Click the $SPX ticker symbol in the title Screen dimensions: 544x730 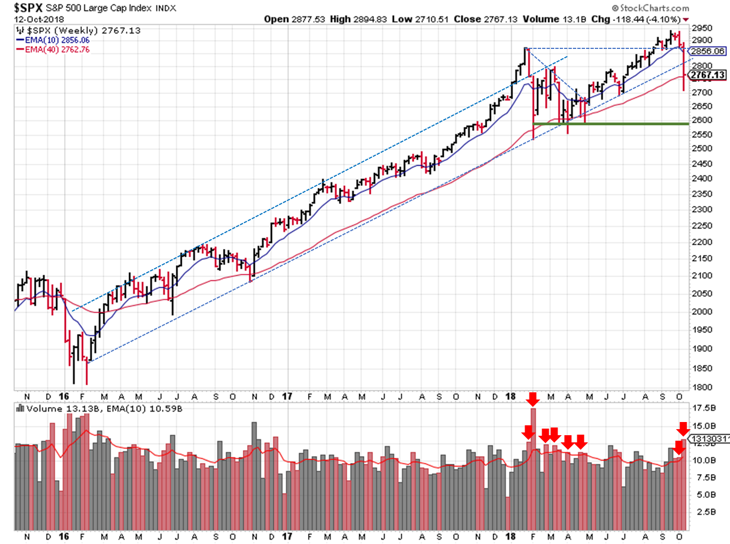coord(28,8)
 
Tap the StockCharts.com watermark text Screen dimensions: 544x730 coord(654,8)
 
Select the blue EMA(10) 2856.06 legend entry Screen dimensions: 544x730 coord(57,40)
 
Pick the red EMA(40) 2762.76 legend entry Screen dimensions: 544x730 coord(57,49)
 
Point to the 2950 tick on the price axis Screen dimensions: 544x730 coord(702,28)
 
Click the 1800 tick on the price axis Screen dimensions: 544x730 coord(702,387)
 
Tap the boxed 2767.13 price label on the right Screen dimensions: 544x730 coord(707,75)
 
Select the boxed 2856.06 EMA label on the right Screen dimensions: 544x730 coord(707,51)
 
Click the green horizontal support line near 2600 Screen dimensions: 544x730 coord(610,124)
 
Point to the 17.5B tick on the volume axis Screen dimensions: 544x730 coord(704,408)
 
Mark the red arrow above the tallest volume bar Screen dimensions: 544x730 coord(532,399)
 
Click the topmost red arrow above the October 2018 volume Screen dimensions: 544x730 coord(683,429)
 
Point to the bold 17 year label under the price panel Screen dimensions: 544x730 coord(287,396)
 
